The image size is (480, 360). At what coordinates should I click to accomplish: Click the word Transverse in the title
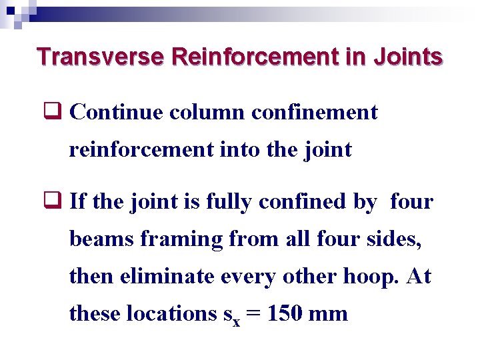coord(101,57)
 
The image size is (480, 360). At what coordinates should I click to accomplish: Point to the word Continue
coord(116,113)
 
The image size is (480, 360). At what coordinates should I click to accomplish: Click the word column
coord(207,113)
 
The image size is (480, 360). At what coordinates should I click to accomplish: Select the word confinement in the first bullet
coord(315,113)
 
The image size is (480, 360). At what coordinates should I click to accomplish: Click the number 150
coord(286,313)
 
